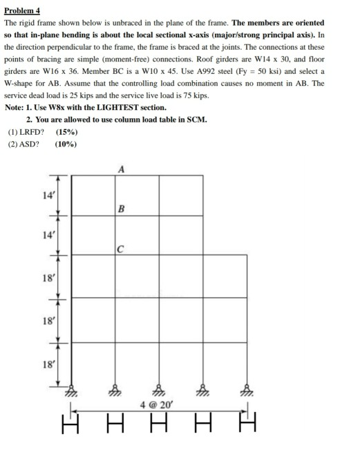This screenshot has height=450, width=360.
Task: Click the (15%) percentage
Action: pyautogui.click(x=66, y=131)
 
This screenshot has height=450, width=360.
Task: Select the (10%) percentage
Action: pyautogui.click(x=66, y=144)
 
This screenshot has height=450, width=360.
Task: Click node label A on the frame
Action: pyautogui.click(x=122, y=168)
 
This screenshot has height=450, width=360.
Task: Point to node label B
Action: pyautogui.click(x=122, y=208)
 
